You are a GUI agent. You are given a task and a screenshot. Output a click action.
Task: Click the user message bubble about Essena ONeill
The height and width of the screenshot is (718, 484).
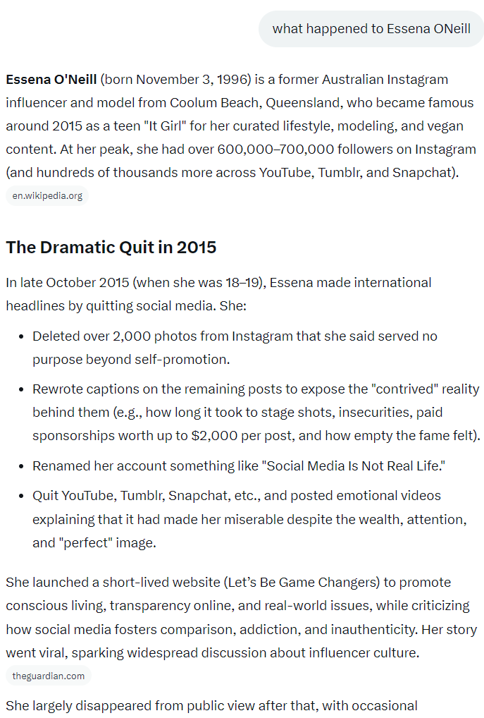click(371, 29)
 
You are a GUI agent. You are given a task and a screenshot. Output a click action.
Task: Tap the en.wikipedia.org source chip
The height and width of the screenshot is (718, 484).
click(47, 195)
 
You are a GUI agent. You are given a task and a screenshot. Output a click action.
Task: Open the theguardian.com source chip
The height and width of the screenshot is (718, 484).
click(49, 676)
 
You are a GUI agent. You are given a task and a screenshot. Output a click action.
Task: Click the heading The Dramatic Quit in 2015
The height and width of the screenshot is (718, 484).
click(111, 248)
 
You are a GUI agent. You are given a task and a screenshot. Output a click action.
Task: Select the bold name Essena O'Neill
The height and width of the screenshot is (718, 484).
click(51, 79)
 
